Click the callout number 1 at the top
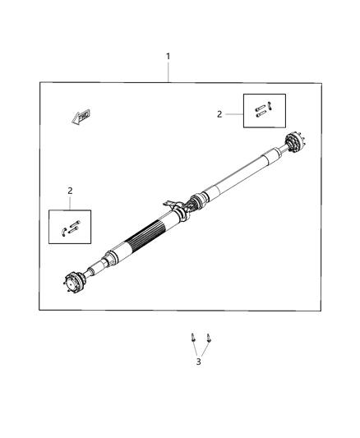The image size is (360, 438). coord(168,57)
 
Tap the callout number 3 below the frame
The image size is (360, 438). coord(197,361)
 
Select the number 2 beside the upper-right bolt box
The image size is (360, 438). coord(219,114)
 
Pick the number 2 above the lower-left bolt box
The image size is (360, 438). coord(70,191)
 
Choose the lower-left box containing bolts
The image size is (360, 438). coord(70,228)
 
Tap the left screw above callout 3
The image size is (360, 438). coord(192,337)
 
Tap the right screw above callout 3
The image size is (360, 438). coord(209,337)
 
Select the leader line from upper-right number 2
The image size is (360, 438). coord(233,114)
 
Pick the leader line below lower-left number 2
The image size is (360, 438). coord(70,202)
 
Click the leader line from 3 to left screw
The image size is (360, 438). coord(194,349)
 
